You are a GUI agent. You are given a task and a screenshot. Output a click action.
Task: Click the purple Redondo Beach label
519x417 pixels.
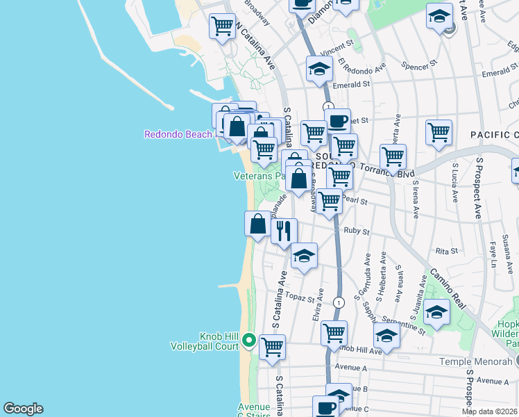point(178,134)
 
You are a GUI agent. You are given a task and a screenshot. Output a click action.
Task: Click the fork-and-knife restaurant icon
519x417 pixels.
point(284,230)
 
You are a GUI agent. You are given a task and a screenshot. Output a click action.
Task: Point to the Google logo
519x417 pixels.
point(23,409)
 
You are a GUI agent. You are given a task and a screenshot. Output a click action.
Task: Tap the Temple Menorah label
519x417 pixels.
point(477,361)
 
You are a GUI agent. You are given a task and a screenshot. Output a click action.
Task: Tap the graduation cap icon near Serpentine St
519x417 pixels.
point(437,312)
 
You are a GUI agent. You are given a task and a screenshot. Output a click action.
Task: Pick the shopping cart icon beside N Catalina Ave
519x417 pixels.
point(223,26)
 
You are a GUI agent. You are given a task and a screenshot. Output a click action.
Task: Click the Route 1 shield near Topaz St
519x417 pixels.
point(338,302)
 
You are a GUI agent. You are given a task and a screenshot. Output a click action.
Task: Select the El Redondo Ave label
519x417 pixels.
point(361,68)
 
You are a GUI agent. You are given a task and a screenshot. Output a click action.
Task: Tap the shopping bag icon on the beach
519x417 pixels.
point(257,224)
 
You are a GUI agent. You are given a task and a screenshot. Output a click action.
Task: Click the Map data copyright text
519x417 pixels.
point(489,411)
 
